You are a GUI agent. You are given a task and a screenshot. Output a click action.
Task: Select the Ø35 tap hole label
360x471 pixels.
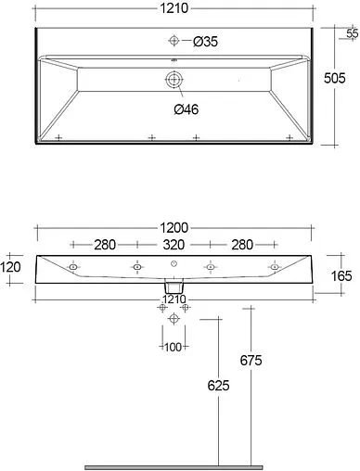(206, 41)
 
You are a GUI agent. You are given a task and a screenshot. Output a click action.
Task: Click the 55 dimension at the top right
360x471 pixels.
(351, 34)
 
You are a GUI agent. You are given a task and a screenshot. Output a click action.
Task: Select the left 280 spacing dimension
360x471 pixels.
(104, 246)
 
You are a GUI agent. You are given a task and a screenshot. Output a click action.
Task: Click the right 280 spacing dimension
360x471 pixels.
(241, 246)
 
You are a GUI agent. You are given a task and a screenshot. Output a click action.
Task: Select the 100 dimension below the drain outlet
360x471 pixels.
(173, 347)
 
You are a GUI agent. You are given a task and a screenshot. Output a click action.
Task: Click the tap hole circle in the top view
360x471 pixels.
(173, 41)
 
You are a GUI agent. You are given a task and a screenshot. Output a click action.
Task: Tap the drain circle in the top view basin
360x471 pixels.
(173, 81)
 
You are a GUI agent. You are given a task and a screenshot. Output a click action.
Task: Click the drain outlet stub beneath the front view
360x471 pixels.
(173, 290)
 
